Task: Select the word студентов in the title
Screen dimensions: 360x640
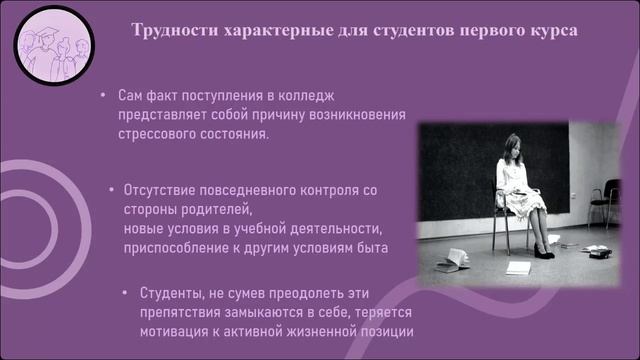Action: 424,29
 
